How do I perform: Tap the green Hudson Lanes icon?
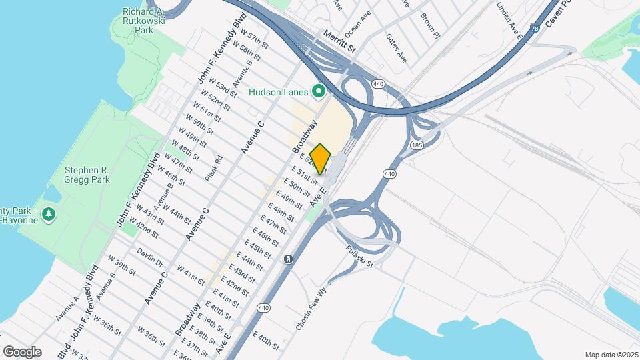(x=319, y=91)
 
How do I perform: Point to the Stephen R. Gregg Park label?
(x=87, y=175)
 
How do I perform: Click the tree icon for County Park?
(x=48, y=214)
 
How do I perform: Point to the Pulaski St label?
(x=361, y=255)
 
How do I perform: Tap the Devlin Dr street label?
(x=150, y=257)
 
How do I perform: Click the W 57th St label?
(x=254, y=40)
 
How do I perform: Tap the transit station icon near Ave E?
(x=288, y=259)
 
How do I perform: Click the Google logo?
(x=22, y=351)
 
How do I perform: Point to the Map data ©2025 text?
(x=610, y=355)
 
